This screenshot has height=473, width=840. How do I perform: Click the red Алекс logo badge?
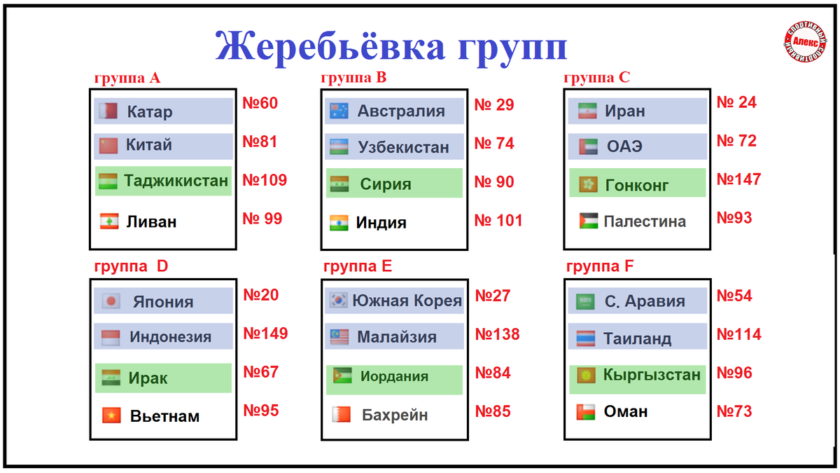805,41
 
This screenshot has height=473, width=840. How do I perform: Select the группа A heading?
127,78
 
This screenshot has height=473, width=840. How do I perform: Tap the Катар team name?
150,111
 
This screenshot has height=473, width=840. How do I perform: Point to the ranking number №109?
265,180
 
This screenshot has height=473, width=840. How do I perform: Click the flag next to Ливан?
109,221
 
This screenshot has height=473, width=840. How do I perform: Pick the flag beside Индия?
339,223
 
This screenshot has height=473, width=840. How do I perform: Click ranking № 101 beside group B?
498,220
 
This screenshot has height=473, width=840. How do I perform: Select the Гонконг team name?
637,185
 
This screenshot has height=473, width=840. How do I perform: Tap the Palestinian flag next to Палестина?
589,221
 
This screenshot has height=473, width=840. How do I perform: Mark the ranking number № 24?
736,102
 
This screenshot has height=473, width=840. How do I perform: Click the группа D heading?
131,266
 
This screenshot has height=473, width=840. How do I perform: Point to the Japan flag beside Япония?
111,301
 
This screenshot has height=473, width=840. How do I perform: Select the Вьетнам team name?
164,416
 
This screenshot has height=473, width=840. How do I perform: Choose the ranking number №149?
265,334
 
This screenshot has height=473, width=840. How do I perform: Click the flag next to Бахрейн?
342,414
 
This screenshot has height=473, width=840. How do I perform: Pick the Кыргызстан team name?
652,375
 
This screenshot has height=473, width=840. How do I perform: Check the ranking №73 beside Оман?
734,411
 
